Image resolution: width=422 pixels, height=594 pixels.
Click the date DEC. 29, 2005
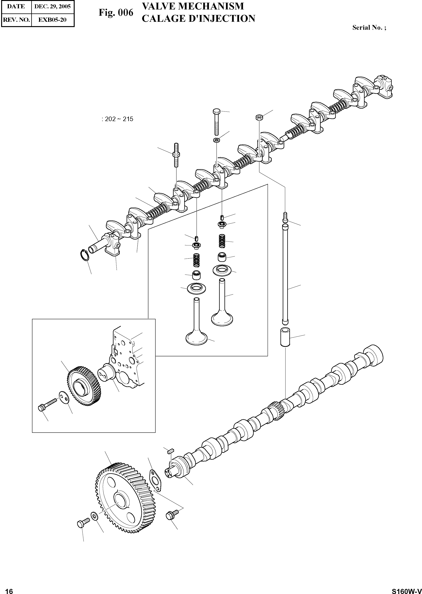52,6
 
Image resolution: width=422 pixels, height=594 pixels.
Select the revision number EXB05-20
52,20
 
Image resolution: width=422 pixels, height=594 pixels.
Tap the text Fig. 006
116,13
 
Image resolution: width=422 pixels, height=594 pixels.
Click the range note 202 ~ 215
118,119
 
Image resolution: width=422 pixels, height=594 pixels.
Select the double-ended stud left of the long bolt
176,155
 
